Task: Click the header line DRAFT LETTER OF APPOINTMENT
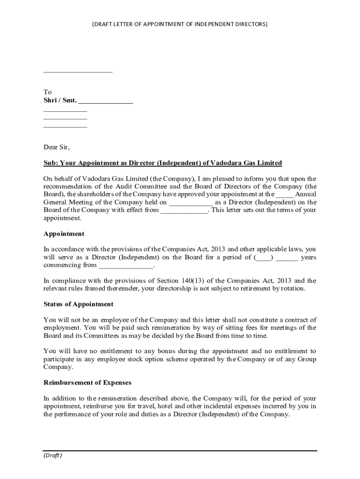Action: point(180,23)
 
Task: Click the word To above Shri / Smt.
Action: point(48,92)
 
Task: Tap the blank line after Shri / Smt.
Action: point(106,102)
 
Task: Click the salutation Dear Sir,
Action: point(57,147)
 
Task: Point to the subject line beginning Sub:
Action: point(163,163)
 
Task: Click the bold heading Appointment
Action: point(64,233)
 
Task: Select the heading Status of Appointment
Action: point(79,304)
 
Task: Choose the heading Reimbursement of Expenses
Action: point(87,383)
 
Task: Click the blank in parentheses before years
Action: point(264,257)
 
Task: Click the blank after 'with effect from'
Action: point(184,210)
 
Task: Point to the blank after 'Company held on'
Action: point(191,203)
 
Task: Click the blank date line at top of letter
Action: point(78,72)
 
